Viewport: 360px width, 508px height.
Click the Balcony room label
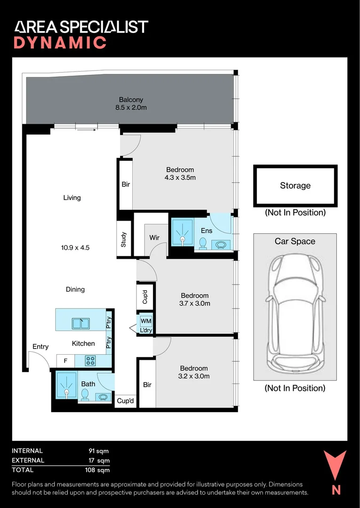(x=131, y=100)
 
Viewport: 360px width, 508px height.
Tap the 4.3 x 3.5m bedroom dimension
(x=180, y=177)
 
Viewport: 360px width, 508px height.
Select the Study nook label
(x=123, y=239)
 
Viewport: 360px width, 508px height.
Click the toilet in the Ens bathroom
(x=203, y=244)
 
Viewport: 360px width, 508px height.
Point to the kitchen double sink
(x=80, y=323)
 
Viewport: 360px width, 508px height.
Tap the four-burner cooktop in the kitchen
(x=90, y=361)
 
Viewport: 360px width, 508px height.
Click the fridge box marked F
(x=65, y=361)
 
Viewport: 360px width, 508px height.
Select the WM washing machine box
(x=145, y=321)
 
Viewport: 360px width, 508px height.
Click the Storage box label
(x=295, y=186)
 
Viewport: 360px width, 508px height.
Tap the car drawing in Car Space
(x=295, y=314)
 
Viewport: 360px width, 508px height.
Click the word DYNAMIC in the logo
(x=60, y=43)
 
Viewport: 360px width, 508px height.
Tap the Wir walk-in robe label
(x=154, y=238)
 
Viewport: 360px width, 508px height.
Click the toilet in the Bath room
(x=85, y=395)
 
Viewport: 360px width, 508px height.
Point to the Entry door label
(x=40, y=347)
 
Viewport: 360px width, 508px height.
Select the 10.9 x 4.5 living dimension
(x=75, y=248)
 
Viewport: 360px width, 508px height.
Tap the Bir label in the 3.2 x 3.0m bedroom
(x=147, y=385)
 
